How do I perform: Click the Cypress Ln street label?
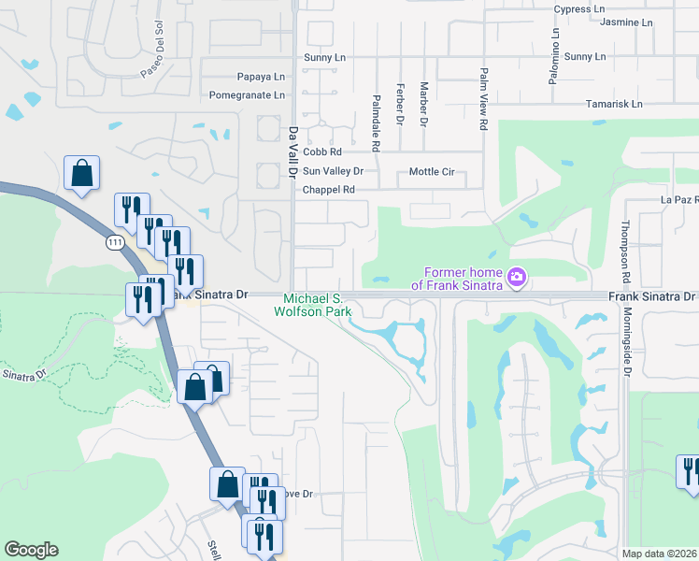(x=579, y=9)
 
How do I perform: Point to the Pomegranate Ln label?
(x=247, y=95)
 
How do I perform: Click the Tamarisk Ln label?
(x=614, y=104)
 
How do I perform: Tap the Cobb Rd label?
(x=322, y=151)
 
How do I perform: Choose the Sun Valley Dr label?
(x=332, y=171)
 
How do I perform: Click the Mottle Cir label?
(x=432, y=172)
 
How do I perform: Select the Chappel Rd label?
(x=329, y=190)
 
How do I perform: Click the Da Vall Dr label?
(x=292, y=152)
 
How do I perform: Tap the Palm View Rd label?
(x=483, y=98)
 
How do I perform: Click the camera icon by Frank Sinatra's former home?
(x=516, y=277)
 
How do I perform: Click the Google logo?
(x=31, y=550)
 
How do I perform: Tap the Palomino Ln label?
(x=554, y=47)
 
